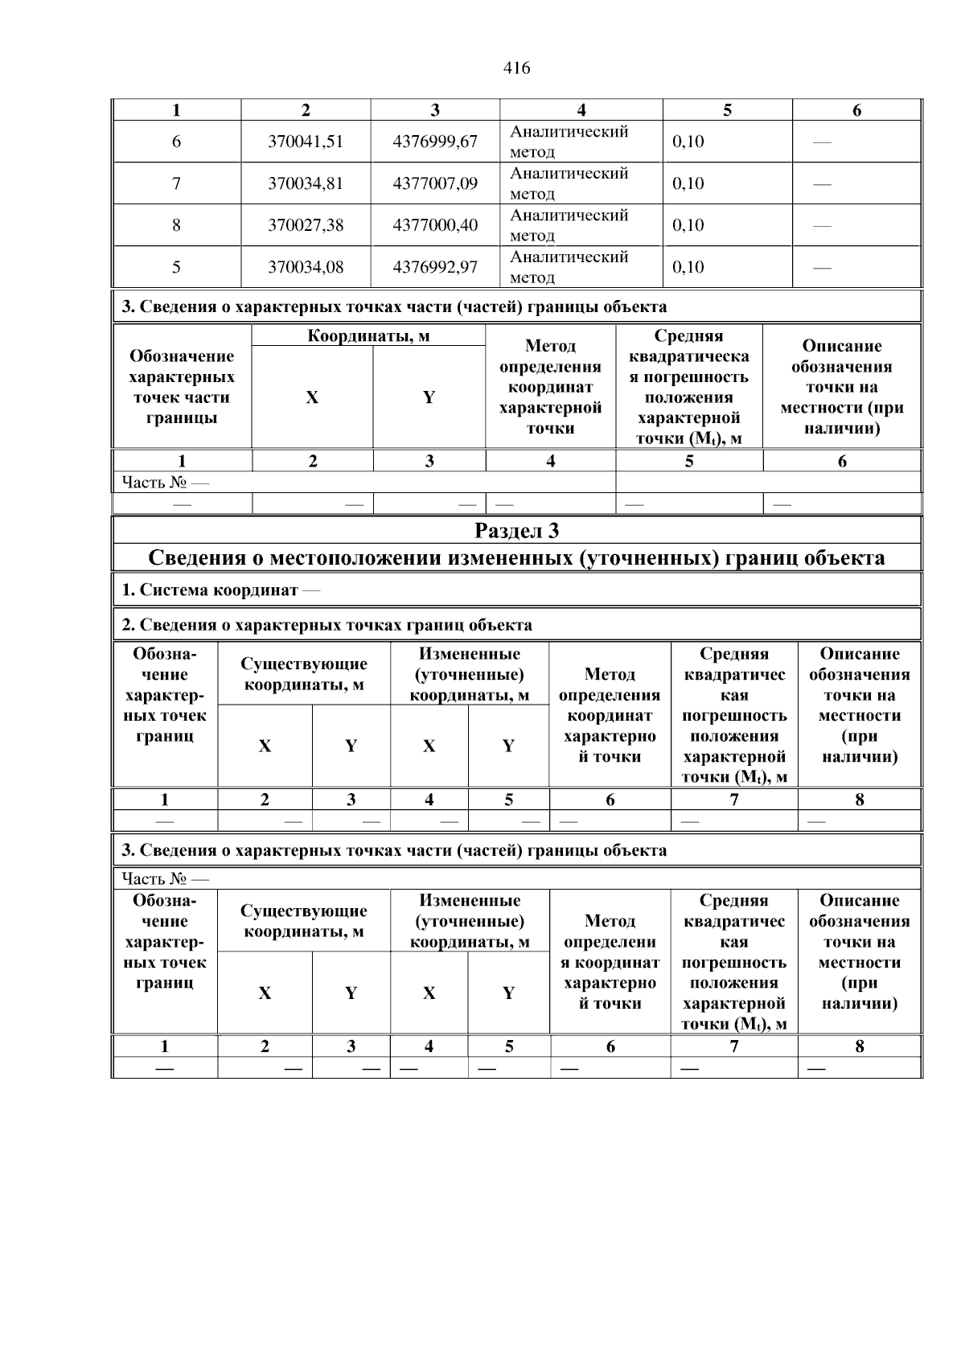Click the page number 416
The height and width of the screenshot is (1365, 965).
pos(516,68)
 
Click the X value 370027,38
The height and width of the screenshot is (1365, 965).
pos(306,225)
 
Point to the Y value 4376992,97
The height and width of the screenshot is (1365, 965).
pos(435,267)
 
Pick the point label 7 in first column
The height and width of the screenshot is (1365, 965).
pos(176,183)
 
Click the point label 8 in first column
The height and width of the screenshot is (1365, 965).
pos(176,225)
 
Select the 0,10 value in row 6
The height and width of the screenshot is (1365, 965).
pos(688,142)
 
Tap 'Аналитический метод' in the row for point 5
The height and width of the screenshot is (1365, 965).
pos(569,267)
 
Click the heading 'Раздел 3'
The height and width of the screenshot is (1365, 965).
pos(516,531)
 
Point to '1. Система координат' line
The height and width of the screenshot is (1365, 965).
pos(220,590)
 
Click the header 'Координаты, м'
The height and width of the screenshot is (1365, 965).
pos(368,336)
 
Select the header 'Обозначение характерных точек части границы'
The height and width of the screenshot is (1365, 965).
pos(182,387)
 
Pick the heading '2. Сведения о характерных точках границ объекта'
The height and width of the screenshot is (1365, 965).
pos(326,625)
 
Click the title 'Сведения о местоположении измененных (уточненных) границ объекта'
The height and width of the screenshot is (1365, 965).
pos(516,558)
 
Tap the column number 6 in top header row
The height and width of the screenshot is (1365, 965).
pos(856,111)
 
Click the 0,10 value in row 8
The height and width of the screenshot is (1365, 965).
pos(688,225)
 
